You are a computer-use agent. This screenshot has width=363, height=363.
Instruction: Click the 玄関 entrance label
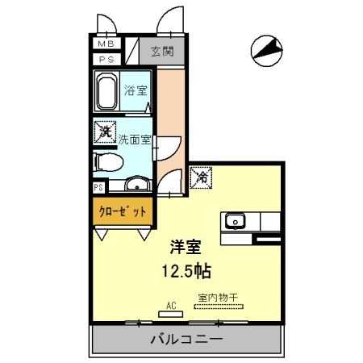tap(161, 52)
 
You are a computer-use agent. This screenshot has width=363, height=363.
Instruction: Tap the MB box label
tap(106, 44)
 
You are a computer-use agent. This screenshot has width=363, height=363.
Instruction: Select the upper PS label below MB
tap(106, 59)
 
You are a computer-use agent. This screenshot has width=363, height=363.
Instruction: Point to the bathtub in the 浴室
tap(107, 93)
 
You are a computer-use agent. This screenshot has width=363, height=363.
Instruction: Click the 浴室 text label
tap(136, 90)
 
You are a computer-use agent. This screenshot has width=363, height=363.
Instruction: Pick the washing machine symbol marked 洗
tap(105, 131)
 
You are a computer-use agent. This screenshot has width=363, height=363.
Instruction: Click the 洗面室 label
tap(135, 139)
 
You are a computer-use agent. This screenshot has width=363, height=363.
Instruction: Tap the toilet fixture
tap(106, 161)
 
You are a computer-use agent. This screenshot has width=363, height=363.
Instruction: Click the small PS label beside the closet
tap(98, 187)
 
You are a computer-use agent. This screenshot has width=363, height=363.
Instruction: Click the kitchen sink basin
tap(236, 219)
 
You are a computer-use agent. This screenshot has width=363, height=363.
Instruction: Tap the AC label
tap(171, 304)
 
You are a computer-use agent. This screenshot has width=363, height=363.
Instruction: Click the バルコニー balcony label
tap(186, 340)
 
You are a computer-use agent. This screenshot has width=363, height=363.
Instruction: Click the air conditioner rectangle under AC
tap(171, 312)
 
